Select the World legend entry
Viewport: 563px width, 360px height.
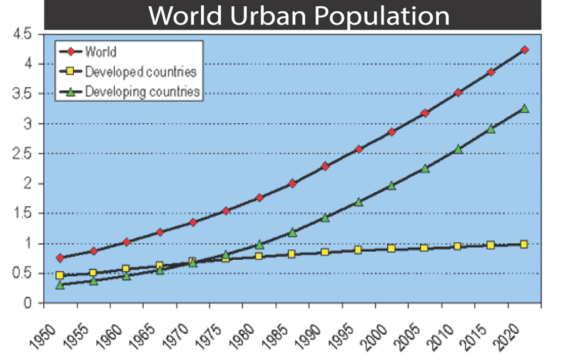101,51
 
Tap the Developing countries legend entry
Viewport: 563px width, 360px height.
142,91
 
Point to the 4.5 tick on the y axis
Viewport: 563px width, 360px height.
21,34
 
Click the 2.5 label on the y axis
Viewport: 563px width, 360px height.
21,153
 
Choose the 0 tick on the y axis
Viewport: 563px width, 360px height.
28,304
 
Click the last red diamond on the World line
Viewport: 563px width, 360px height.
524,49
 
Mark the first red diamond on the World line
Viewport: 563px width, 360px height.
59,258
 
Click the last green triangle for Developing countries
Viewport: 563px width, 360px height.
524,108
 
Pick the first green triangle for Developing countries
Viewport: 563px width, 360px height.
59,285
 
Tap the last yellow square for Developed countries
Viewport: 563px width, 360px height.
524,244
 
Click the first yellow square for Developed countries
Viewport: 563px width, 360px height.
59,275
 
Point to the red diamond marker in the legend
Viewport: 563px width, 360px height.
71,52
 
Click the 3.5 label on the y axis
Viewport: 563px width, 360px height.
21,93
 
